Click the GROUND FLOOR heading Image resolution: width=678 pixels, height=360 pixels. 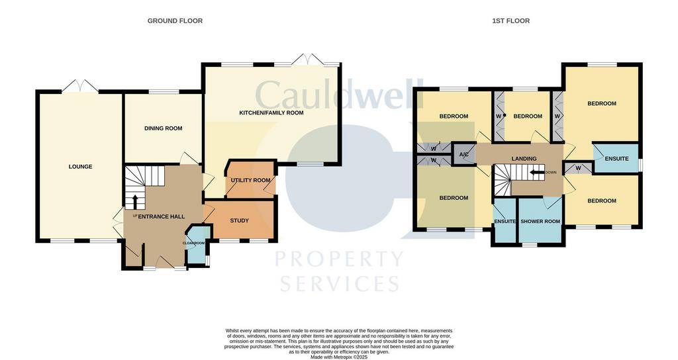click(x=175, y=21)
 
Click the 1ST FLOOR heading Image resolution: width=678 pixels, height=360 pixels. click(x=510, y=21)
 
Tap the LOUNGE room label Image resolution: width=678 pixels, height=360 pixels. click(x=80, y=166)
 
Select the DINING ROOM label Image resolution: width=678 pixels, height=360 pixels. click(x=163, y=128)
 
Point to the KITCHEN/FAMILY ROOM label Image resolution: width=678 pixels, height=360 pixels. click(x=271, y=112)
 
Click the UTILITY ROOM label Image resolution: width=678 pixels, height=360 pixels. click(x=251, y=180)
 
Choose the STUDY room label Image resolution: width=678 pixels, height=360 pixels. click(x=240, y=220)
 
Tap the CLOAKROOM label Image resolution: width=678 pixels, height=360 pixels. click(x=194, y=244)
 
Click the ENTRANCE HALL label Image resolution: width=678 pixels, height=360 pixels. click(x=162, y=216)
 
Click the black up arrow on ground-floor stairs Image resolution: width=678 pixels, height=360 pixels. click(x=134, y=201)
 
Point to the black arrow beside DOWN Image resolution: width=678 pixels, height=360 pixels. click(x=538, y=173)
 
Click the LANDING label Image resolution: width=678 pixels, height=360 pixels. click(x=524, y=159)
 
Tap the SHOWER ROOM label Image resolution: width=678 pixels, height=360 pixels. click(x=540, y=221)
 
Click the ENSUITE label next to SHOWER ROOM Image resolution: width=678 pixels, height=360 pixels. click(x=505, y=221)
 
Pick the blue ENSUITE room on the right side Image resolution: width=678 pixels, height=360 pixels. click(x=616, y=159)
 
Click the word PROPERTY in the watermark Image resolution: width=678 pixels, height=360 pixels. click(x=340, y=259)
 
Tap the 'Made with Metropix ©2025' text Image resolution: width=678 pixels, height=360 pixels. click(x=339, y=357)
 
